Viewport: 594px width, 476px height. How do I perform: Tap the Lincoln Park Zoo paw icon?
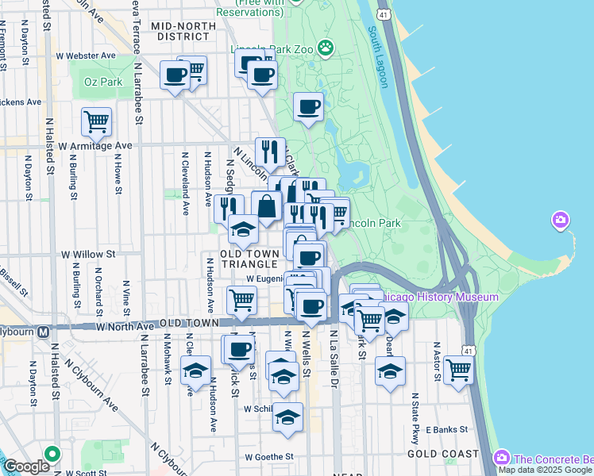tap(326, 48)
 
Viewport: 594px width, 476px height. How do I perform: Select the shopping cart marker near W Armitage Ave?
tap(96, 123)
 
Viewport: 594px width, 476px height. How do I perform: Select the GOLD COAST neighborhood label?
tap(442, 454)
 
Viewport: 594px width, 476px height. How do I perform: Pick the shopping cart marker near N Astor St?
tap(459, 370)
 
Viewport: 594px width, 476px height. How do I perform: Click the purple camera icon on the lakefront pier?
tap(560, 219)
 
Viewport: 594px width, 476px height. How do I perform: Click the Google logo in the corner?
tap(26, 466)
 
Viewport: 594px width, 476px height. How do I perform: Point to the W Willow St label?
tap(88, 255)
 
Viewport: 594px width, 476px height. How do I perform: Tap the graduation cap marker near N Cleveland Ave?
tap(195, 370)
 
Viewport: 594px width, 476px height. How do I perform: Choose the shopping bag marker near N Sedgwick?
tap(267, 206)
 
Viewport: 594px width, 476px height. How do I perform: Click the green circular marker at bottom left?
tap(52, 455)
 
